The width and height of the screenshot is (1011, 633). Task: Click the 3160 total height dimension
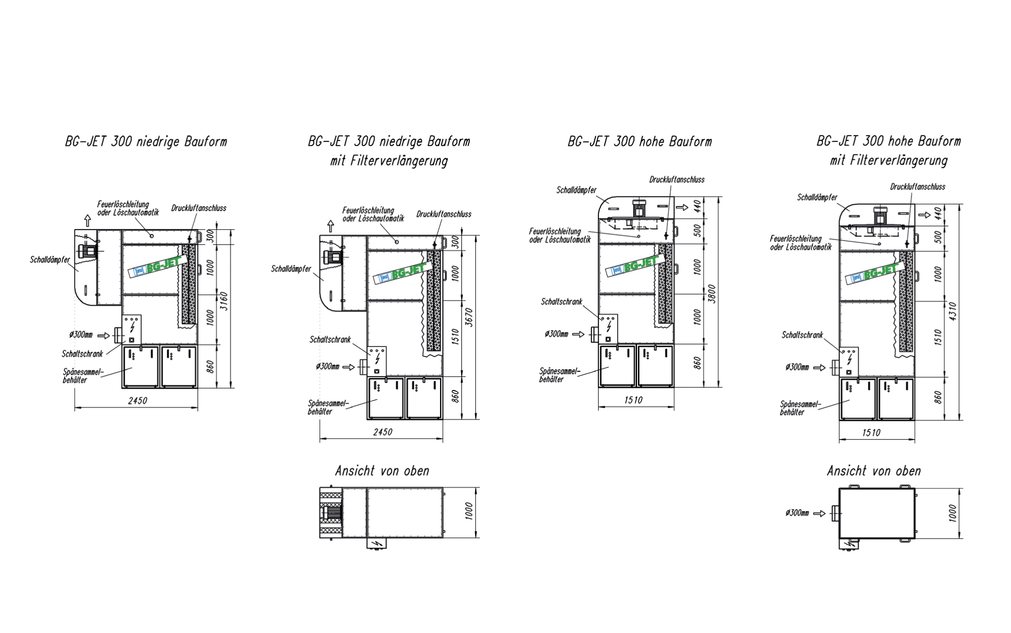click(224, 301)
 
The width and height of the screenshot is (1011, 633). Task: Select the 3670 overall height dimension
click(469, 317)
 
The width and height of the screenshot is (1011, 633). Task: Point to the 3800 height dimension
click(712, 294)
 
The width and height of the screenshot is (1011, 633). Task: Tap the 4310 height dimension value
click(953, 312)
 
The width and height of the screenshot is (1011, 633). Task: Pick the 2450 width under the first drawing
click(138, 401)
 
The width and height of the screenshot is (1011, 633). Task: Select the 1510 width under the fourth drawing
click(871, 433)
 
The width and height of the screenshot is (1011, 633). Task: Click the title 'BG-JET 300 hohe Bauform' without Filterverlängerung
click(640, 141)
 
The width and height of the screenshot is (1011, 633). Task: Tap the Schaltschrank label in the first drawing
click(82, 354)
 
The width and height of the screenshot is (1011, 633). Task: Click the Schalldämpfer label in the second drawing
click(291, 269)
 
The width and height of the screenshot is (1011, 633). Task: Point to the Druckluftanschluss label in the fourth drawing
click(918, 187)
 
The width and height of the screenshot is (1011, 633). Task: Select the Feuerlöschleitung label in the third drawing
click(560, 235)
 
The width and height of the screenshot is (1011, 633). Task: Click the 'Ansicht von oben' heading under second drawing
click(382, 471)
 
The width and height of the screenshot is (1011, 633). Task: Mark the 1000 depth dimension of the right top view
click(953, 513)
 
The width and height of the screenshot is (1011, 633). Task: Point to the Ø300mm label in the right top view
click(797, 513)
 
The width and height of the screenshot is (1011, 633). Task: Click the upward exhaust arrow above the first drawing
click(87, 221)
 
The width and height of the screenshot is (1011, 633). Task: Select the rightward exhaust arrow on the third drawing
click(682, 207)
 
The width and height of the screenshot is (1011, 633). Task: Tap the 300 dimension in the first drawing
click(210, 236)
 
